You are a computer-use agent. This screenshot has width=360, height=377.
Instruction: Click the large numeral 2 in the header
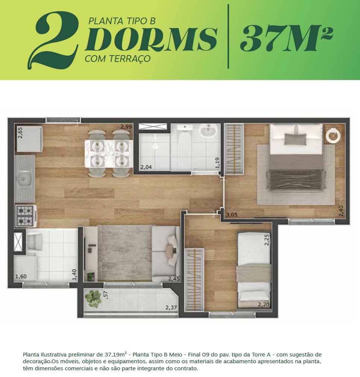tap(53, 40)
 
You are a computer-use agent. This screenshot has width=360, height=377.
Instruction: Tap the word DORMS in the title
tap(151, 39)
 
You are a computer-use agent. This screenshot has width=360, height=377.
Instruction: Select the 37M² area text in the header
tap(286, 38)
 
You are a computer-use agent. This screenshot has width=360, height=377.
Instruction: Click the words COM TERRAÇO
tap(118, 59)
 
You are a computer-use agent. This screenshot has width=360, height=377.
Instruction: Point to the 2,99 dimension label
tap(126, 127)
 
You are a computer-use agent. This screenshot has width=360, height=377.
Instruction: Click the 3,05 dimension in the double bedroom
tap(232, 215)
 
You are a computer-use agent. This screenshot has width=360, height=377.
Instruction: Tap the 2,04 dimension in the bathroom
tap(146, 167)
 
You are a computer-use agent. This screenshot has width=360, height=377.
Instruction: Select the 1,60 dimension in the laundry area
tap(21, 276)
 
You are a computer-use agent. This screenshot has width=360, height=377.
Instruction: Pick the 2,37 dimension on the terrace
tap(171, 308)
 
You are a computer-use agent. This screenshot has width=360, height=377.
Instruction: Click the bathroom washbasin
tap(208, 131)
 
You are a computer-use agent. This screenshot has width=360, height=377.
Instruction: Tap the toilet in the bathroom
tap(185, 133)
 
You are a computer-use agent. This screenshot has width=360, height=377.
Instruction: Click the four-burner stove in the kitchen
tap(25, 216)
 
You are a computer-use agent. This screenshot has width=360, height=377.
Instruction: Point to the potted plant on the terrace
tap(93, 299)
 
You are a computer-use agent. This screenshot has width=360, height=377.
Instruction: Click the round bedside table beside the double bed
tap(333, 136)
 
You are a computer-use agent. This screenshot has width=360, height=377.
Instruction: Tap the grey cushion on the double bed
tap(295, 139)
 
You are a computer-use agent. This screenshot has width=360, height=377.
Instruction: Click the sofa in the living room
tap(166, 254)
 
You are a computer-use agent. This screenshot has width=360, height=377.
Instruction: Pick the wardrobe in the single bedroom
tap(194, 280)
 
